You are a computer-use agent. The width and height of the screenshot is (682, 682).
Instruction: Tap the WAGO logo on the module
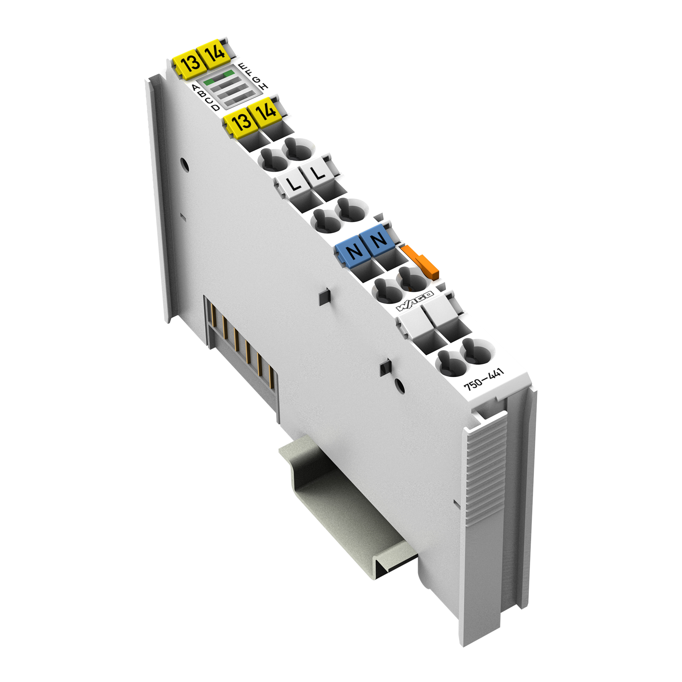pyautogui.click(x=415, y=301)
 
